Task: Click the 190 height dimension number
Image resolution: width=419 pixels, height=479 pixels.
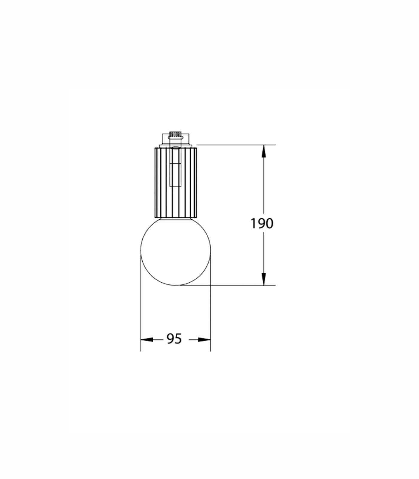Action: tap(262, 224)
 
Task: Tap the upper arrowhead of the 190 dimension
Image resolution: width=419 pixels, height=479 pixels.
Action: tap(263, 151)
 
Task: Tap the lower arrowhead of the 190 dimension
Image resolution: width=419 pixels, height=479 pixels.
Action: tap(263, 279)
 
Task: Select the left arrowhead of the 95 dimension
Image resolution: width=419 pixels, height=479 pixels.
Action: tap(147, 339)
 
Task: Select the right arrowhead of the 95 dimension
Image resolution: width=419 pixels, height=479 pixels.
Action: tap(204, 339)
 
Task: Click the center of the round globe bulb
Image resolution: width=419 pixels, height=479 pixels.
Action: tap(176, 250)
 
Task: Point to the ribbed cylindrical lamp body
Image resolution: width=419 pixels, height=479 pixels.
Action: tap(176, 182)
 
